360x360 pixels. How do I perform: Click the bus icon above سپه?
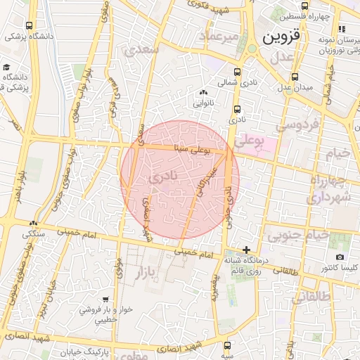pos(226,345)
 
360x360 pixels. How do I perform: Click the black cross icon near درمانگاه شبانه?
pos(246,250)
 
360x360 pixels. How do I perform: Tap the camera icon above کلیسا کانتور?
pos(340,258)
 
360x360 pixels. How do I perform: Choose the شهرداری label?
pos(324,199)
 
